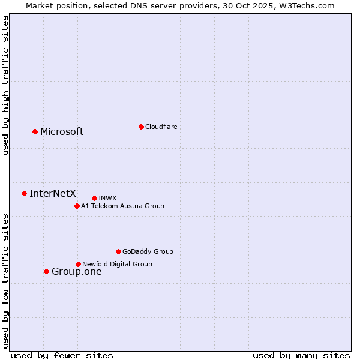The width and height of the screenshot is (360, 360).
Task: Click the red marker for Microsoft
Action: tap(35, 131)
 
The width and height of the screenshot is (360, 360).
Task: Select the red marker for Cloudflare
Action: tap(141, 127)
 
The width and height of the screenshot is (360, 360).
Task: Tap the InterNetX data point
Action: tap(24, 193)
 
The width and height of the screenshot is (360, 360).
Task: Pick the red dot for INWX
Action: tap(94, 198)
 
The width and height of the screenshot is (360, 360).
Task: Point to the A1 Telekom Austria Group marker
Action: tap(77, 206)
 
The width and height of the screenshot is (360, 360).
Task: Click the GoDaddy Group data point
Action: tap(118, 251)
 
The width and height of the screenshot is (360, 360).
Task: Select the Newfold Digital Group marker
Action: tap(78, 264)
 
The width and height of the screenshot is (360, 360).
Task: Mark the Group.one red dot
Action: tap(46, 271)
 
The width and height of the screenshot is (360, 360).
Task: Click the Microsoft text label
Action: tap(62, 132)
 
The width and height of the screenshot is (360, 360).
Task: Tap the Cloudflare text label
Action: tap(161, 127)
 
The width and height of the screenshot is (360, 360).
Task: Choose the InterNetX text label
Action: tap(53, 193)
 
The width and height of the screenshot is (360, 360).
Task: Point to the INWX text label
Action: tap(107, 198)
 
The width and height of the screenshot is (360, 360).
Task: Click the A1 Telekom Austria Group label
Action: tap(122, 206)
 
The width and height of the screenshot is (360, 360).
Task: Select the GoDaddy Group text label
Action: tap(148, 251)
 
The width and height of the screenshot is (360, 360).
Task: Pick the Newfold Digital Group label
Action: tap(117, 264)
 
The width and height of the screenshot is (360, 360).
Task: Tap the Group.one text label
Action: tap(77, 272)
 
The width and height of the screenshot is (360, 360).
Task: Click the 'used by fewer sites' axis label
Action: tap(62, 355)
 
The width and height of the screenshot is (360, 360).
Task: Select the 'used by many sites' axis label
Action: tap(301, 355)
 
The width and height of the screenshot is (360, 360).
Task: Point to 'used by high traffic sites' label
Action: tap(6, 85)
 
